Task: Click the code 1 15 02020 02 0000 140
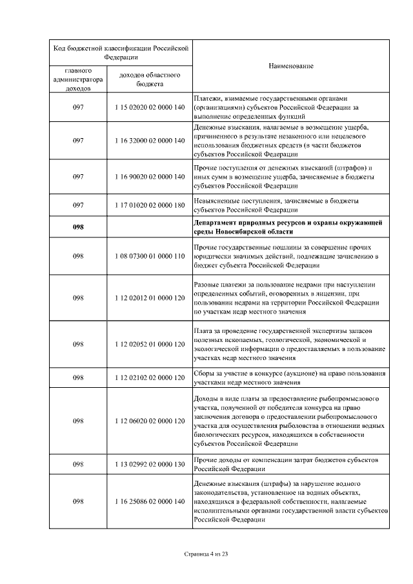(x=149, y=108)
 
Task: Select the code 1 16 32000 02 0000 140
(x=149, y=140)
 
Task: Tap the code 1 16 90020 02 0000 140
(x=149, y=176)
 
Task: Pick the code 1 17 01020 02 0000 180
(x=149, y=205)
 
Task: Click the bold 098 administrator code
(x=78, y=227)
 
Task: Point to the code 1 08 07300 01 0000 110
(x=149, y=256)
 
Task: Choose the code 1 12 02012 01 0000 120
(x=149, y=298)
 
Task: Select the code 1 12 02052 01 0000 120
(x=149, y=344)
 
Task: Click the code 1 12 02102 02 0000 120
(x=149, y=378)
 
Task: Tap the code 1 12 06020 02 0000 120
(x=149, y=421)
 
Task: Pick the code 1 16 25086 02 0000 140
(x=149, y=501)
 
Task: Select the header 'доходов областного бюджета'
(x=149, y=79)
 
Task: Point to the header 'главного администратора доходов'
(x=78, y=79)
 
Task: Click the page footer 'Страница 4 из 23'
(x=206, y=553)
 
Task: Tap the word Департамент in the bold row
(x=216, y=222)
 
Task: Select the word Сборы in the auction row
(x=205, y=373)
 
